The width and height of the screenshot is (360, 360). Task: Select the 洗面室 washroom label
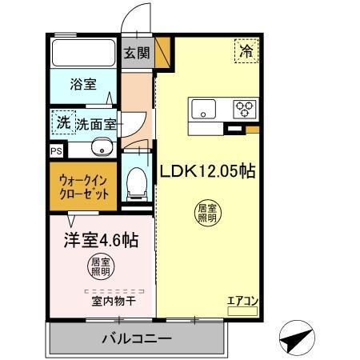point(97,124)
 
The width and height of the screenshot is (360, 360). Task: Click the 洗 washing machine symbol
point(62,122)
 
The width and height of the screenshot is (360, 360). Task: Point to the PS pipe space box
point(55,150)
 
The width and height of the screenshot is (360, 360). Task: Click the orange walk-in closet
point(84,186)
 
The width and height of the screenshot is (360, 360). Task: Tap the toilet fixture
point(136,182)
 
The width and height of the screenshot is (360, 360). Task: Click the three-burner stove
point(244,108)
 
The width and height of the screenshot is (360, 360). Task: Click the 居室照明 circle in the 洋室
point(100,267)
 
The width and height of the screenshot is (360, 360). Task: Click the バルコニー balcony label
point(136,338)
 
